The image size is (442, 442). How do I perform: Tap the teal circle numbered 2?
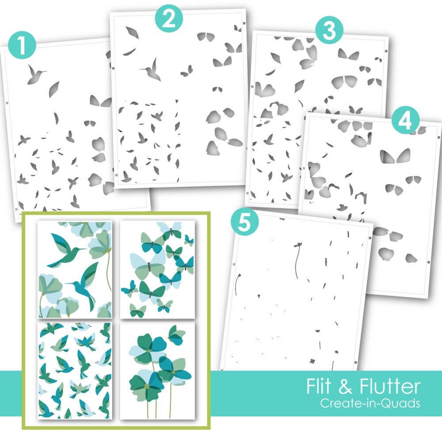[169, 19]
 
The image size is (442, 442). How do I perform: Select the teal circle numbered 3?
[329, 30]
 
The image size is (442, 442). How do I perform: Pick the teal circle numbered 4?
[405, 121]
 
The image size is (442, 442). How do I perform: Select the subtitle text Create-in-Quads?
[370, 403]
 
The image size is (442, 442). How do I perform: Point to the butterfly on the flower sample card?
[176, 335]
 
